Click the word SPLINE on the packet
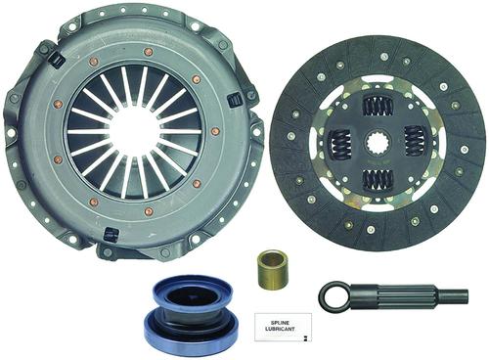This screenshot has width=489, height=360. (x=283, y=322)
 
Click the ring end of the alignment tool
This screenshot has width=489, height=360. (x=334, y=296)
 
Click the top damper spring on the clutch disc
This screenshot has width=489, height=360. (x=378, y=107)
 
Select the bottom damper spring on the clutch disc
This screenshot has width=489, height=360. (x=378, y=179)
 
